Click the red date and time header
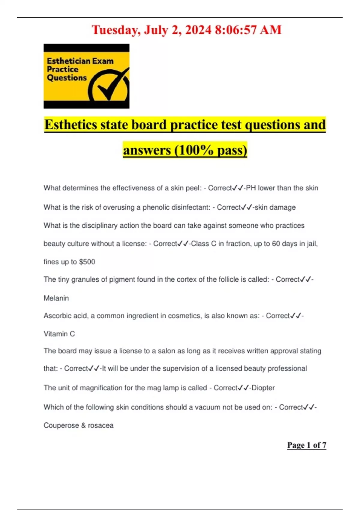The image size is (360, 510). coord(186,30)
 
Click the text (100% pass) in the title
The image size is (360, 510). coord(210,150)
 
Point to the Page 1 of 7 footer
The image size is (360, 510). coord(306,445)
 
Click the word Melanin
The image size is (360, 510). coord(56,298)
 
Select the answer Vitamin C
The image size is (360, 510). coord(59,334)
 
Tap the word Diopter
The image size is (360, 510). coord(263,388)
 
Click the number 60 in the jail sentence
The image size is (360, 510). coord(276,244)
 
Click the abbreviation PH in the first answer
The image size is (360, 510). coord(250,188)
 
